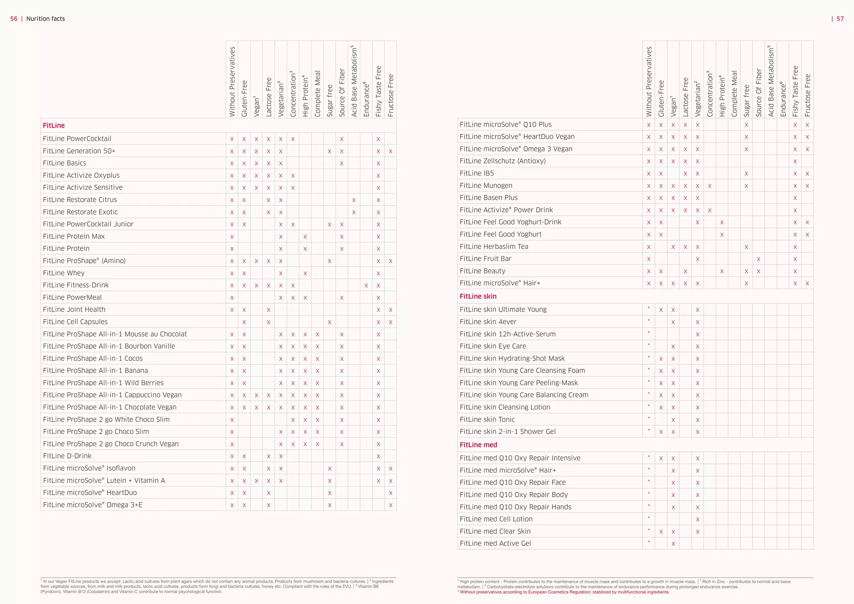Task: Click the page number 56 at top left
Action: [x=14, y=19]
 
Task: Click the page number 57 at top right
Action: [x=840, y=19]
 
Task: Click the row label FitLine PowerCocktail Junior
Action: [x=88, y=224]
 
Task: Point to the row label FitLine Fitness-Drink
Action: [x=75, y=285]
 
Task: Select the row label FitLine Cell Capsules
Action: [x=75, y=322]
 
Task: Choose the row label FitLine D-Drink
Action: [x=67, y=456]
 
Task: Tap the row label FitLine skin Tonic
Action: [x=487, y=419]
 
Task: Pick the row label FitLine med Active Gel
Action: [x=495, y=543]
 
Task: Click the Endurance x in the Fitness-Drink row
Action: [x=366, y=285]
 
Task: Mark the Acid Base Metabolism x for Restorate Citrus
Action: [x=354, y=200]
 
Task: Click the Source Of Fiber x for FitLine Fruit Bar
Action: [x=758, y=259]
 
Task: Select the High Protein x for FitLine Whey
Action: [x=305, y=273]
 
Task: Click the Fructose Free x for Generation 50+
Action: [x=390, y=151]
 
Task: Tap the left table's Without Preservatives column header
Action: [x=232, y=81]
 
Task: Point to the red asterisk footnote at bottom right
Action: [x=563, y=592]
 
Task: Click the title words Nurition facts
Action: [x=45, y=19]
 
